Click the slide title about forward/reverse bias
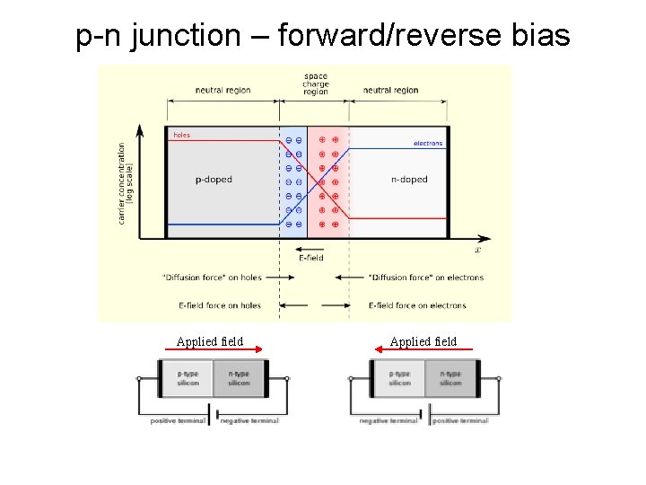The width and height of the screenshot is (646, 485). click(x=323, y=36)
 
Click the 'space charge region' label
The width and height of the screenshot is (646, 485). click(x=316, y=84)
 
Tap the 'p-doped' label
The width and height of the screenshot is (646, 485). click(x=214, y=180)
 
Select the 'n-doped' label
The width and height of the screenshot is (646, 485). click(x=409, y=180)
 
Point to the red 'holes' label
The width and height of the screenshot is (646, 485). click(x=181, y=135)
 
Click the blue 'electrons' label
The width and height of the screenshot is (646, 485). click(x=428, y=144)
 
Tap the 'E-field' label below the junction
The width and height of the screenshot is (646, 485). click(x=310, y=259)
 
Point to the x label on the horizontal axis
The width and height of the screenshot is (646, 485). click(x=477, y=250)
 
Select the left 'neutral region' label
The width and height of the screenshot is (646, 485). click(x=223, y=90)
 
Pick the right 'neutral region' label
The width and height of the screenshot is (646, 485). click(x=390, y=90)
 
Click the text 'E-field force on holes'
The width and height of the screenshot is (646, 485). click(x=220, y=305)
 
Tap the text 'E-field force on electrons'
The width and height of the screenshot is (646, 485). click(x=417, y=305)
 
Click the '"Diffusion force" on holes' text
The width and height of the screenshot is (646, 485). click(x=212, y=278)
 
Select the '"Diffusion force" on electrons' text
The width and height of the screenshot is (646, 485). click(x=426, y=278)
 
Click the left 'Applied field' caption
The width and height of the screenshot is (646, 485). click(x=210, y=341)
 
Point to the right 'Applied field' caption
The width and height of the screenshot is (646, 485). click(x=423, y=341)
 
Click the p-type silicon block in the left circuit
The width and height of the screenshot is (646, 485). click(x=189, y=377)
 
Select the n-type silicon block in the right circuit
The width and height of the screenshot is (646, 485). click(x=451, y=377)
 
